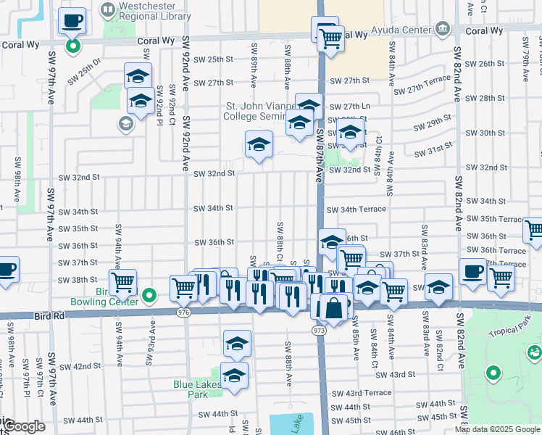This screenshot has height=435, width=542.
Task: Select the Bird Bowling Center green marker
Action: pos(149,295)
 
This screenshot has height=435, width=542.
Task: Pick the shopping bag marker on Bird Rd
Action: pos(333,308)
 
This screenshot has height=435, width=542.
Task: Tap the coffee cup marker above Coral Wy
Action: pos(72,21)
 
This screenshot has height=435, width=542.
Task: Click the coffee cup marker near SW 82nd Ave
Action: pos(472,273)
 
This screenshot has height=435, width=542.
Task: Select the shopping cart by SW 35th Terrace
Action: pos(534,231)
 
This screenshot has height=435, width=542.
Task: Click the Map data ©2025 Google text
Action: pos(497,429)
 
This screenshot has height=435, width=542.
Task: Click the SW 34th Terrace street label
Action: pos(356,210)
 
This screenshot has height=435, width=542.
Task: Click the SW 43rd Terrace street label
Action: pos(360,392)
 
